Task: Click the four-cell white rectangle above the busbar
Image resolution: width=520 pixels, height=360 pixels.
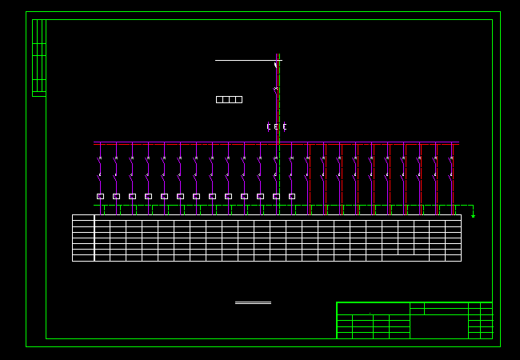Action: click(229, 99)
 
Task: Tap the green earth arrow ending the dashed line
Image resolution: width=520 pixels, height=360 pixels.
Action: click(473, 214)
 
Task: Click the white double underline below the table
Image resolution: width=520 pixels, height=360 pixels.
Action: click(253, 302)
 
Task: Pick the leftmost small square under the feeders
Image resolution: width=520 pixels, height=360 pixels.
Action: click(100, 196)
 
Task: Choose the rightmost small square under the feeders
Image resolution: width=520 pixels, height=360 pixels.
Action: click(292, 196)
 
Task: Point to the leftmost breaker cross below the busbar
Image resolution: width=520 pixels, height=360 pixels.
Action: click(100, 158)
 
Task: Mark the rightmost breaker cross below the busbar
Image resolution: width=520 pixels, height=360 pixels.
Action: click(451, 158)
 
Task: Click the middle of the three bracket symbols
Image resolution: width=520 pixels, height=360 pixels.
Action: click(276, 126)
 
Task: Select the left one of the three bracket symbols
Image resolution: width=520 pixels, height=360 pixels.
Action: click(268, 126)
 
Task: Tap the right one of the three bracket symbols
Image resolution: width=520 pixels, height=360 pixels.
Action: click(284, 126)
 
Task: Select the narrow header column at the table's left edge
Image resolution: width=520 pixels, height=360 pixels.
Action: click(83, 238)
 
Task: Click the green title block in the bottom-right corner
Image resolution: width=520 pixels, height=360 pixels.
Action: click(414, 320)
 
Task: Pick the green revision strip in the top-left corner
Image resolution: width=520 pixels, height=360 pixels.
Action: click(38, 58)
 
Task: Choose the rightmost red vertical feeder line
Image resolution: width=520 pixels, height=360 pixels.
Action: click(452, 180)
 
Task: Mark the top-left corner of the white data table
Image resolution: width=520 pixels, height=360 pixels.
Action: click(73, 215)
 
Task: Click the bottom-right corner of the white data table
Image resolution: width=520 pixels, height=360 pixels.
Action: click(461, 261)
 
